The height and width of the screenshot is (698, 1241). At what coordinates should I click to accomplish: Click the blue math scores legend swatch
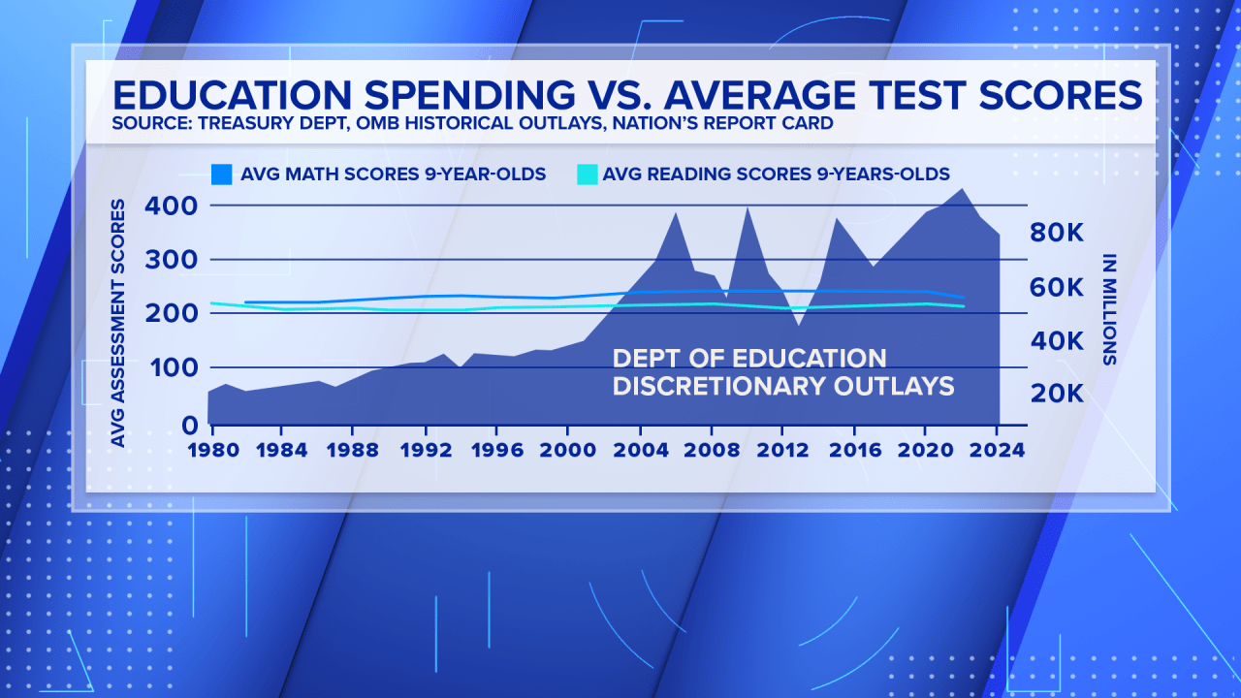222,174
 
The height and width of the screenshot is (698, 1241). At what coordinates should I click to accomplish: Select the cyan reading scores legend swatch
588,174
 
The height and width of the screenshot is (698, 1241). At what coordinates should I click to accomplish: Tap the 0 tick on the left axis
190,424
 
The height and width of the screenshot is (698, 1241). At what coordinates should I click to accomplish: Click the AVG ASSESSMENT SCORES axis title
118,323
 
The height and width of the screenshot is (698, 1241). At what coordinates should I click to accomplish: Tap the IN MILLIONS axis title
1109,307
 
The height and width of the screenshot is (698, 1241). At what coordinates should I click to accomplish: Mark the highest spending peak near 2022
961,189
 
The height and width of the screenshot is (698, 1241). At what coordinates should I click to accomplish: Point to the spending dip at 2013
799,324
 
